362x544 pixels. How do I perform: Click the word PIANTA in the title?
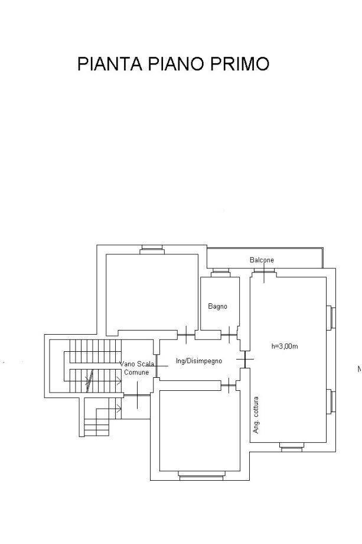(x=109, y=64)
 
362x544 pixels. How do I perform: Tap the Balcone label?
(x=262, y=260)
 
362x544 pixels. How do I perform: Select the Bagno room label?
(x=217, y=306)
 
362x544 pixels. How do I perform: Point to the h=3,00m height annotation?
(x=285, y=346)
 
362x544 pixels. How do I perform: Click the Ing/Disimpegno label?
(x=199, y=361)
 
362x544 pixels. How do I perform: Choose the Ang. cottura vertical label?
(x=256, y=415)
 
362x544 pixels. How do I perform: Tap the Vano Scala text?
(x=137, y=364)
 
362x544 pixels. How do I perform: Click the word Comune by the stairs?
(x=136, y=373)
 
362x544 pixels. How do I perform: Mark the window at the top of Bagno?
(x=221, y=273)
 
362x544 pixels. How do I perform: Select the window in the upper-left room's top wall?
(x=152, y=250)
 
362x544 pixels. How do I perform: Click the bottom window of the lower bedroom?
(x=201, y=475)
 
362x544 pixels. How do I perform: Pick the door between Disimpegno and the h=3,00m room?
(x=245, y=359)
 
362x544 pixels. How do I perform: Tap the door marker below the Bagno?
(x=229, y=335)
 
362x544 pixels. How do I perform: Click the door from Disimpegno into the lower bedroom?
(x=229, y=385)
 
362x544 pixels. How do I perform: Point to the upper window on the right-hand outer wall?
(x=331, y=317)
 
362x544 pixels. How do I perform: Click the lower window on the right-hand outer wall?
(x=331, y=401)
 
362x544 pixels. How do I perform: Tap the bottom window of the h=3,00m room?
(x=291, y=447)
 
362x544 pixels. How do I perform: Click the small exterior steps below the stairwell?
(x=97, y=428)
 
